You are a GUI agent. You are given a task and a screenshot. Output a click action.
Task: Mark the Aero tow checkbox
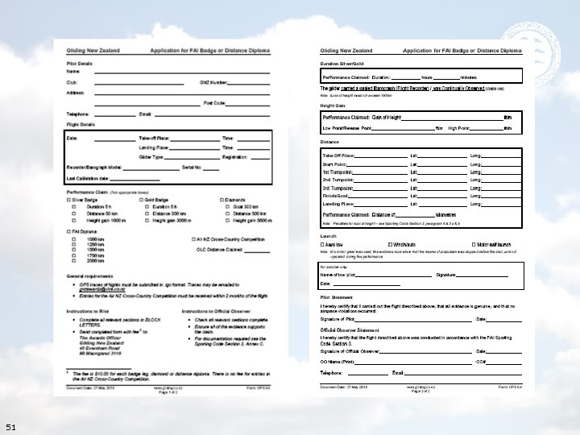[x=322, y=244]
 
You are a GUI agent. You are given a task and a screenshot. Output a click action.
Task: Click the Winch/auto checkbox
[x=390, y=244]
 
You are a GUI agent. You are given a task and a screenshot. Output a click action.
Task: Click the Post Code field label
[x=214, y=103]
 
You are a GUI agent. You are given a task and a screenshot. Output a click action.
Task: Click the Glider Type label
[x=152, y=158]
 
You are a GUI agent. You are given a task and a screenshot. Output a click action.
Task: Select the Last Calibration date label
[x=87, y=177]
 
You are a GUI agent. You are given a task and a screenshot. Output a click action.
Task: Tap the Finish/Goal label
[x=335, y=196]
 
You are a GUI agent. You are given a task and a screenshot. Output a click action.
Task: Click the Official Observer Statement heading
[x=351, y=330]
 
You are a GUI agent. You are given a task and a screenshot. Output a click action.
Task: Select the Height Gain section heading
[x=333, y=106]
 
